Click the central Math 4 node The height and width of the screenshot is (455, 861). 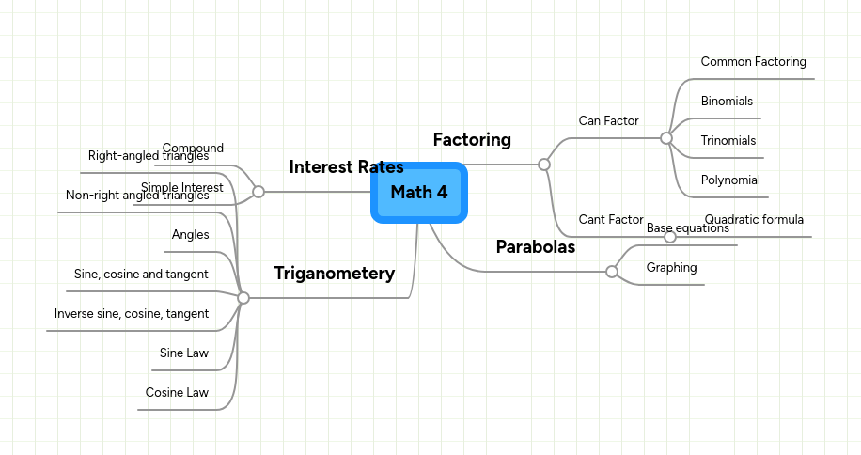tap(419, 193)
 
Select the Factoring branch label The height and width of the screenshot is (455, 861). tap(472, 140)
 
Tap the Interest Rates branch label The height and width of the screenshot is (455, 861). tap(346, 167)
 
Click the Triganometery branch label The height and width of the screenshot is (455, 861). tap(334, 274)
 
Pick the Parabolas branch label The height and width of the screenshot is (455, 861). tap(535, 247)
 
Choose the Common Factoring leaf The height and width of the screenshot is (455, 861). tap(753, 62)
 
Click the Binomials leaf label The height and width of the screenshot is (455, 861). tap(727, 102)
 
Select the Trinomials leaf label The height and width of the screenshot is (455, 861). tap(728, 141)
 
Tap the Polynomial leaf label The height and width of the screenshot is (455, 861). tap(730, 180)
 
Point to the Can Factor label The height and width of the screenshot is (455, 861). tap(608, 121)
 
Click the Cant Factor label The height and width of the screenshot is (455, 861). tap(610, 220)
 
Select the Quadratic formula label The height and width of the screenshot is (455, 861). tap(754, 220)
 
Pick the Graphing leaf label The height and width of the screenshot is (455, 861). tap(671, 268)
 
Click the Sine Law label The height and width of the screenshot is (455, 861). tap(184, 353)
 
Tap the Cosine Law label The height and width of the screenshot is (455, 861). tap(177, 393)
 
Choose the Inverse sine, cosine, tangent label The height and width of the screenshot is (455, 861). tap(132, 314)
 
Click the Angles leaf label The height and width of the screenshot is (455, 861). tap(190, 235)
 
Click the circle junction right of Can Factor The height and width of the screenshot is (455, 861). tap(666, 138)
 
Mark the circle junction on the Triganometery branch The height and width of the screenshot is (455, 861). tap(243, 298)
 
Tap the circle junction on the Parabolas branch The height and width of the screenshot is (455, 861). tap(612, 272)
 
